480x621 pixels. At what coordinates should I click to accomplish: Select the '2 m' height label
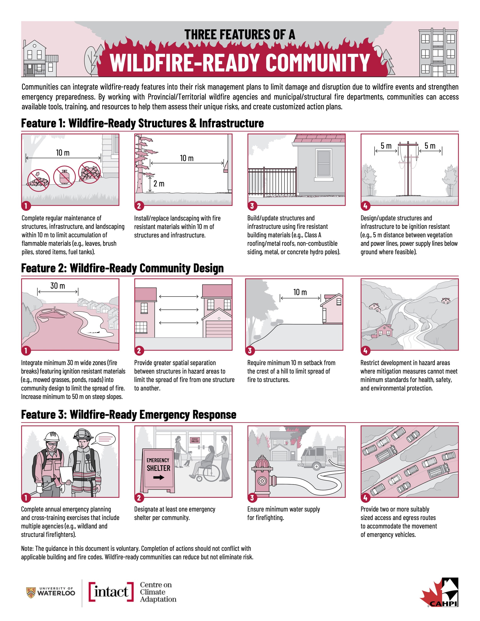click(159, 184)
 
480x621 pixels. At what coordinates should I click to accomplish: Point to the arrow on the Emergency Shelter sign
click(159, 477)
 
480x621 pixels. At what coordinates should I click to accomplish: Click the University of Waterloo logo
click(51, 593)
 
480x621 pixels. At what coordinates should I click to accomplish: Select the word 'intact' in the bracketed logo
click(111, 592)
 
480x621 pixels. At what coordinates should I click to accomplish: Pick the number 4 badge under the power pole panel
click(365, 206)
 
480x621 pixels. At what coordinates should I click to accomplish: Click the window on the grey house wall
click(324, 164)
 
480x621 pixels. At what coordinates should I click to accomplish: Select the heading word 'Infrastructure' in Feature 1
click(232, 123)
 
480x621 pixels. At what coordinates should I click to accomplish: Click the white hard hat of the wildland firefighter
click(52, 437)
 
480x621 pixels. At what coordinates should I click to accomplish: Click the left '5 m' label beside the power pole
click(386, 146)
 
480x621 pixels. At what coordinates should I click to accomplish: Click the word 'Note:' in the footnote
click(27, 548)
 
